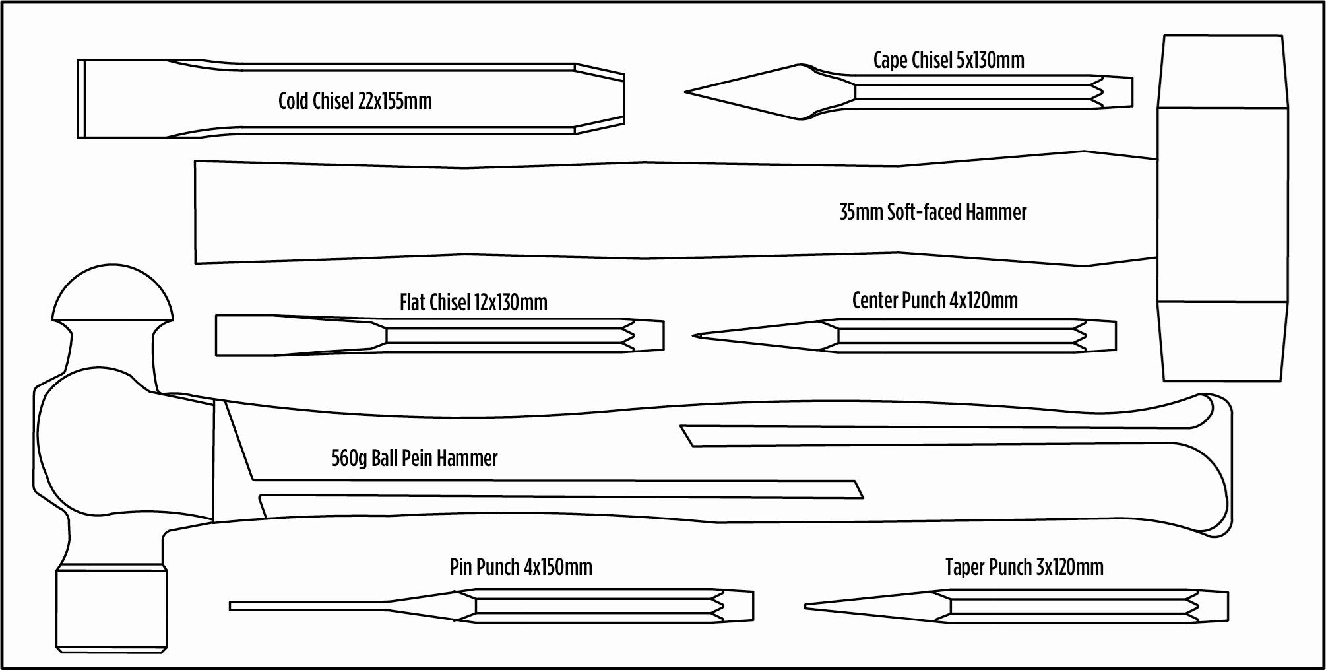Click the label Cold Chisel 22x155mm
pyautogui.click(x=355, y=101)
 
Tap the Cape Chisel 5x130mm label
pyautogui.click(x=949, y=60)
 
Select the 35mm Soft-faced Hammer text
pyautogui.click(x=933, y=212)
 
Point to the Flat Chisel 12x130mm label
pyautogui.click(x=474, y=302)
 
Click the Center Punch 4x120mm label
pyautogui.click(x=935, y=300)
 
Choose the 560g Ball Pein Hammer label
pyautogui.click(x=414, y=457)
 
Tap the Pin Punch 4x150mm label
pyautogui.click(x=521, y=566)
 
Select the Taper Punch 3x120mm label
pyautogui.click(x=1025, y=566)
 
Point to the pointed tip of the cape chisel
pyautogui.click(x=686, y=92)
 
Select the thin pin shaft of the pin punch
pyautogui.click(x=310, y=605)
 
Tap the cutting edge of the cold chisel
pyautogui.click(x=80, y=99)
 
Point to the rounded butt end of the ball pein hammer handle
pyautogui.click(x=1217, y=465)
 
